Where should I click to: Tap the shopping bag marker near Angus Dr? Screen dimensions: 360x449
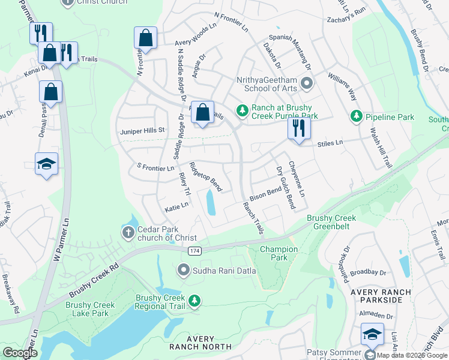[203, 112]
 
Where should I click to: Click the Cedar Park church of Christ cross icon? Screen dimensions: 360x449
[128, 233]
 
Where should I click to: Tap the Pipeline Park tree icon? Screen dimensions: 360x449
[356, 115]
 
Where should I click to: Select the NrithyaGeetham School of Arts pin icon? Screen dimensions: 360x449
[307, 83]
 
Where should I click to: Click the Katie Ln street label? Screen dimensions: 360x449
[176, 205]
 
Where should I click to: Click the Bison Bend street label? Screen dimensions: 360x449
[265, 193]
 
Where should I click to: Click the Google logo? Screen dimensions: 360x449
[20, 352]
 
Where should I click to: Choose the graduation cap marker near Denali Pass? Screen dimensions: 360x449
[46, 164]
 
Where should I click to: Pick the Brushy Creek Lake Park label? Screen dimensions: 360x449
[90, 309]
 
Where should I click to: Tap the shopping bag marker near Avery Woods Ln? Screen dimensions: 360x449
[145, 38]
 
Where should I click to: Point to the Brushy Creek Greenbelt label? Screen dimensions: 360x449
[331, 223]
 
